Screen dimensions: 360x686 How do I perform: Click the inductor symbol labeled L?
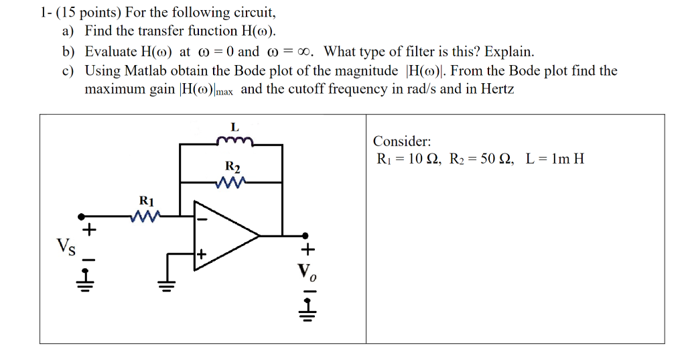click(x=234, y=141)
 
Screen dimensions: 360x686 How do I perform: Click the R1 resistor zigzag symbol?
click(x=146, y=216)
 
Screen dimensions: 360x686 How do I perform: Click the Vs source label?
click(x=66, y=246)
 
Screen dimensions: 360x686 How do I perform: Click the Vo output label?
click(x=306, y=272)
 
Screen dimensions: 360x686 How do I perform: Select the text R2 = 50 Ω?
click(x=481, y=159)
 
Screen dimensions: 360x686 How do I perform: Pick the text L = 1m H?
click(x=555, y=159)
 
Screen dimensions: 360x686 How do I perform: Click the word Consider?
click(x=402, y=141)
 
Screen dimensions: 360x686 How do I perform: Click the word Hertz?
click(x=497, y=89)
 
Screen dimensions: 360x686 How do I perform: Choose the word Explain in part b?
click(x=508, y=52)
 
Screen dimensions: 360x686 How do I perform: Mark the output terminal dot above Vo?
click(x=305, y=235)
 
